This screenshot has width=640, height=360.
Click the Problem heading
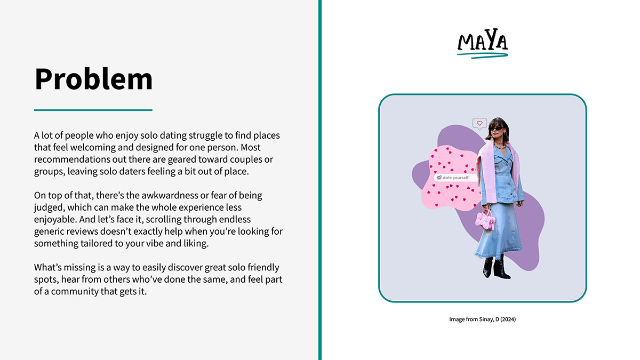tap(93, 79)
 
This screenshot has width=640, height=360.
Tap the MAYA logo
tap(483, 43)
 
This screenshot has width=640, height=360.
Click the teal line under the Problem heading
tap(93, 110)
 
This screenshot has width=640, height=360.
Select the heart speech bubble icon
tap(479, 124)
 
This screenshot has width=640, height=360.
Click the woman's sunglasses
tap(497, 129)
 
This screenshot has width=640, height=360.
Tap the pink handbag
tap(485, 220)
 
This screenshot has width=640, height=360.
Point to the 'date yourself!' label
tap(455, 178)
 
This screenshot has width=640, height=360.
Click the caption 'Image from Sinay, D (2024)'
tap(482, 319)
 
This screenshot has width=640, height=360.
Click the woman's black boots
tap(497, 267)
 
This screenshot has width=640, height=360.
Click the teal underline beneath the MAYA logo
tap(483, 55)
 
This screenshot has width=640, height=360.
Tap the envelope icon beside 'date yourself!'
tap(439, 178)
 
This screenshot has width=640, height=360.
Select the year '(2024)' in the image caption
tap(508, 319)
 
